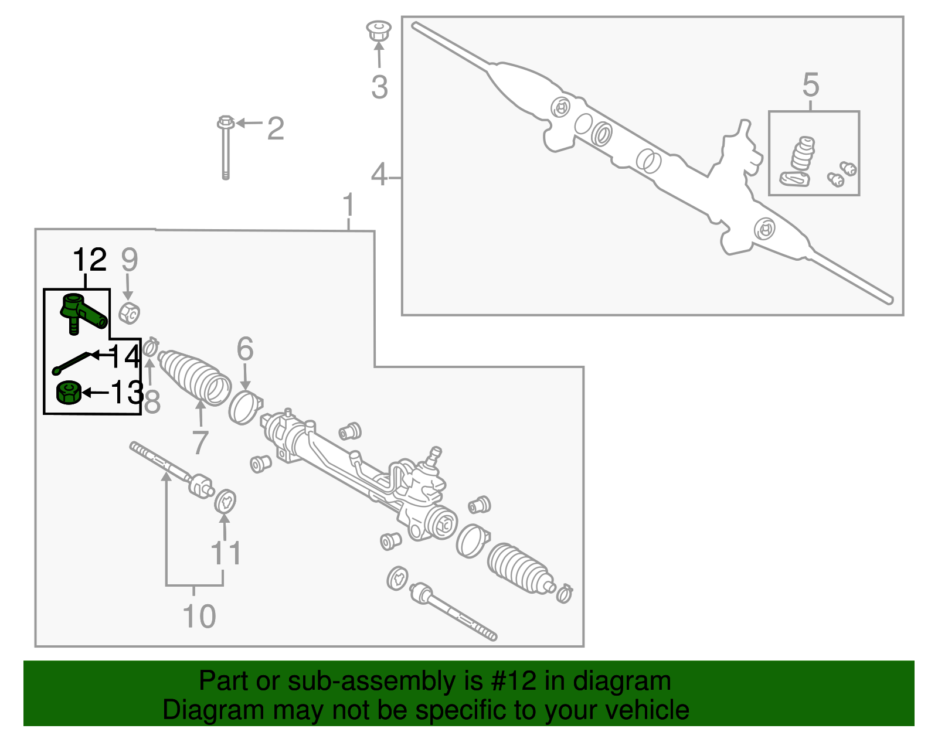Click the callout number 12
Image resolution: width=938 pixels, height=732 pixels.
click(x=90, y=259)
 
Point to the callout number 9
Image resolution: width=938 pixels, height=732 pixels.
click(x=129, y=259)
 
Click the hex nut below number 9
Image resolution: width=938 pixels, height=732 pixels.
click(x=128, y=313)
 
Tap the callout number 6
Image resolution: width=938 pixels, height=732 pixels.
click(x=244, y=349)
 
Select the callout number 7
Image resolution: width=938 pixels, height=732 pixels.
click(x=199, y=442)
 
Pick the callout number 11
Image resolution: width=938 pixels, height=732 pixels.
click(x=226, y=553)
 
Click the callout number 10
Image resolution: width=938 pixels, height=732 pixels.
click(x=199, y=616)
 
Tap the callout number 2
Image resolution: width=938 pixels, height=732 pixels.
click(x=276, y=128)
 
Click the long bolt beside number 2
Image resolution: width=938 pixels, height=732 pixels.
click(x=226, y=147)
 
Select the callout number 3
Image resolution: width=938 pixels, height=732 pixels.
click(x=379, y=87)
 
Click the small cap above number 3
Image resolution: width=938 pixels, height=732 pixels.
click(x=379, y=30)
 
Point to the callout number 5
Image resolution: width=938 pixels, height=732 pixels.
click(x=811, y=85)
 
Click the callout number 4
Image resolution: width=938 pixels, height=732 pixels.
click(x=379, y=175)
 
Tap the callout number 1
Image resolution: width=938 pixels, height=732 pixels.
click(x=348, y=205)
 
